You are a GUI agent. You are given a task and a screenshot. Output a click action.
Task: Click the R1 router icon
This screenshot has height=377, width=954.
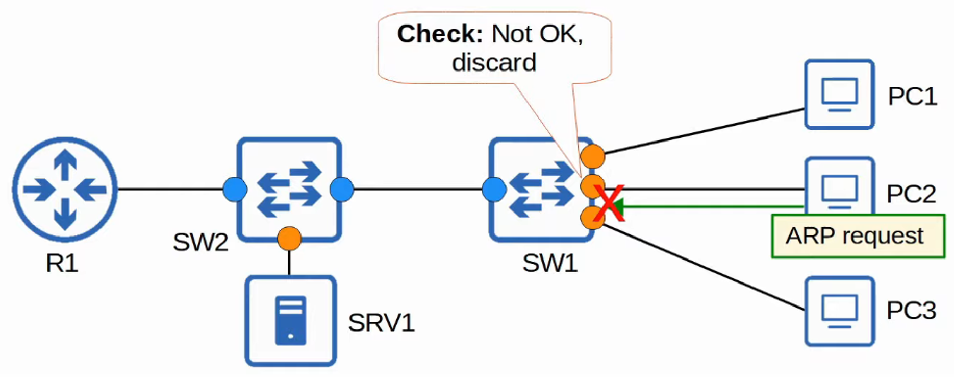coord(65,190)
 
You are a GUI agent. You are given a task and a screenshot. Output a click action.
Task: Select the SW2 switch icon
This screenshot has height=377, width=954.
coord(289,189)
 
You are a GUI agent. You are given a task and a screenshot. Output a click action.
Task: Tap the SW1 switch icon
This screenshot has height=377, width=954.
coord(541,189)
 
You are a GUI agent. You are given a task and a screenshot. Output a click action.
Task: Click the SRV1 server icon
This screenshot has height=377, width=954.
coord(291,321)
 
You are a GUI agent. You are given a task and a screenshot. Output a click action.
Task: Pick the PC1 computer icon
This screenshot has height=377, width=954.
coord(839,95)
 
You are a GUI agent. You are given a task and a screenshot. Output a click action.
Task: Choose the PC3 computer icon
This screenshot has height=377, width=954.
coord(839,311)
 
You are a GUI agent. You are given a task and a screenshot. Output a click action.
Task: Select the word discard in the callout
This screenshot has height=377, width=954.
coord(494,63)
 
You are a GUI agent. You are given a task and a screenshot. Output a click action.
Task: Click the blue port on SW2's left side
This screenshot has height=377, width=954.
coord(235,190)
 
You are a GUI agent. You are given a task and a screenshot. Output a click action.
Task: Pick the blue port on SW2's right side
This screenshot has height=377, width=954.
coord(342,190)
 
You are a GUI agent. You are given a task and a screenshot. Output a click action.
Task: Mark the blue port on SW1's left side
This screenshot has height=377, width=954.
coord(494,190)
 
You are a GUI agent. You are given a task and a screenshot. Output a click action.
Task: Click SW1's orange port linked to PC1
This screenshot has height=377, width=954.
coord(592,156)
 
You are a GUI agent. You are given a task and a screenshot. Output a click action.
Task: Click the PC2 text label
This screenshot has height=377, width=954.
coord(911,194)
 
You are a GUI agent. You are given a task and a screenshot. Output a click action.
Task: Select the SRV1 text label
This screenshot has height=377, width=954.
coord(381,323)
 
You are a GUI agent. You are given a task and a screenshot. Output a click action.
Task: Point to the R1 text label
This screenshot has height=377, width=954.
coord(62,264)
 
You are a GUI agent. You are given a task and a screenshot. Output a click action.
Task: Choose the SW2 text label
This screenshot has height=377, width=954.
coord(200,242)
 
